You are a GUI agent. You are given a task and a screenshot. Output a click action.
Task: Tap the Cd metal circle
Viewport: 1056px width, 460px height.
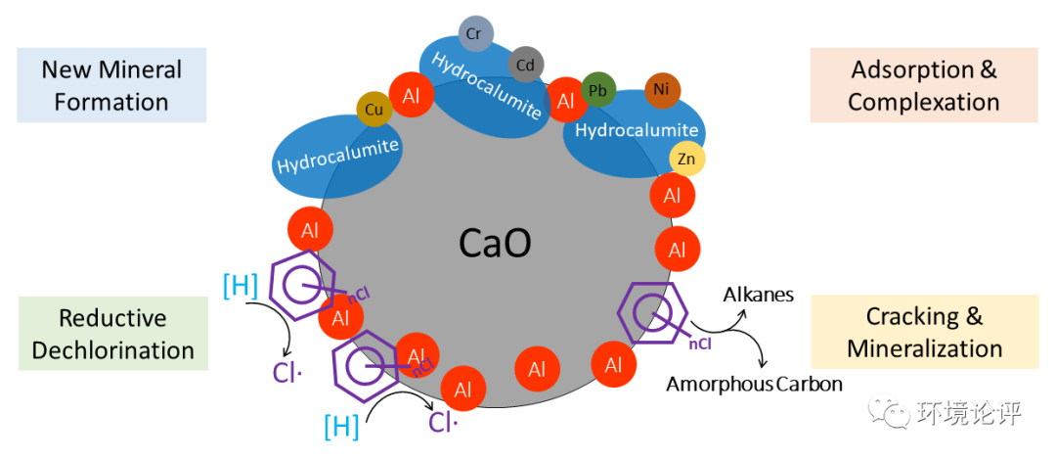[x=525, y=65]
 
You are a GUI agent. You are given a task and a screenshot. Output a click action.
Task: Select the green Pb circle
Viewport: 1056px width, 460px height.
[x=597, y=91]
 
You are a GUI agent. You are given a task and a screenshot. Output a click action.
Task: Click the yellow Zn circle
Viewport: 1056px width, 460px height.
[x=686, y=158]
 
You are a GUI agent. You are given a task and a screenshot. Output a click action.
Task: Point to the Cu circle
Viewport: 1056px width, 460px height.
[x=374, y=109]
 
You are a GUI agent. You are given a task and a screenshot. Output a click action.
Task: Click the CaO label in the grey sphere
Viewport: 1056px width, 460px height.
[x=495, y=243]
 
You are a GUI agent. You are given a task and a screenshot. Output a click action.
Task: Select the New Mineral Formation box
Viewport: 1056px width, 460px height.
[x=111, y=86]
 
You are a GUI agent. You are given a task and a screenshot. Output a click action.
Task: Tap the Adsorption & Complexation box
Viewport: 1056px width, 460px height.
[x=923, y=86]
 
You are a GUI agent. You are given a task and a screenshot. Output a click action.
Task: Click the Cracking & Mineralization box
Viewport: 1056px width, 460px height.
[x=924, y=333]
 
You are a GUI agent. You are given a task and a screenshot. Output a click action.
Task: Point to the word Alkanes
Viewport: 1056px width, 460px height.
[x=759, y=294]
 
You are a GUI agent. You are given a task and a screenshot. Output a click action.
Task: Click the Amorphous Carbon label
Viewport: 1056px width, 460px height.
[x=754, y=384]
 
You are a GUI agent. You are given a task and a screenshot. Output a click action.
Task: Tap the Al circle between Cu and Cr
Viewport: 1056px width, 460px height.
[x=412, y=95]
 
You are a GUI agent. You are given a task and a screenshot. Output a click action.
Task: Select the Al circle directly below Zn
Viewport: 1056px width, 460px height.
[x=673, y=196]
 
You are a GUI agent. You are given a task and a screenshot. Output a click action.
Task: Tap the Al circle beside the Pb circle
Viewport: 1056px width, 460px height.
[x=565, y=100]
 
